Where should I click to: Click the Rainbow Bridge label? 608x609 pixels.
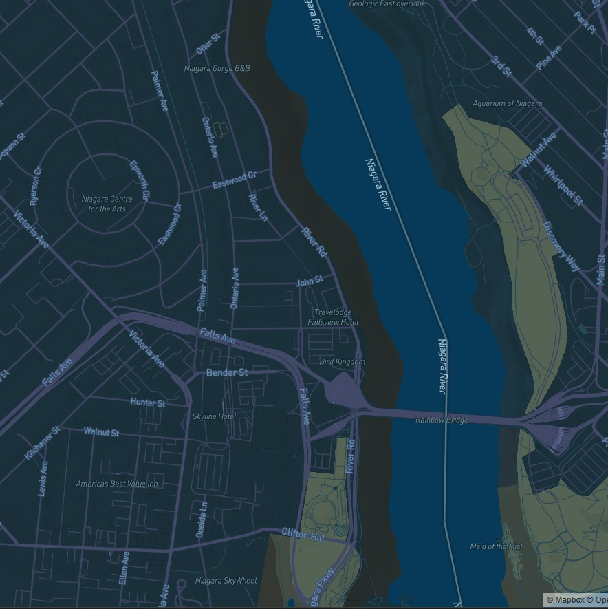[442, 420]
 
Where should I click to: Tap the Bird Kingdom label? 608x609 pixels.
[343, 361]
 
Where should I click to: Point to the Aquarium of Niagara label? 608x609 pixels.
[507, 103]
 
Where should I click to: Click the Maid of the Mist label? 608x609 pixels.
[496, 546]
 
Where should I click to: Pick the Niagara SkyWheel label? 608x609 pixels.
[226, 581]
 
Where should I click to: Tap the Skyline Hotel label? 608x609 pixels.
[214, 416]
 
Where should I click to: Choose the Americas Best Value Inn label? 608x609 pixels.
[117, 484]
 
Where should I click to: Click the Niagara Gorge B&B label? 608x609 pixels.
[217, 68]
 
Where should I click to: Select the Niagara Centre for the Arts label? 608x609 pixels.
[107, 204]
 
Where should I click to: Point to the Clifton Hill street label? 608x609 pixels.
[303, 535]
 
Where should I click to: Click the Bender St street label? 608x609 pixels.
[227, 372]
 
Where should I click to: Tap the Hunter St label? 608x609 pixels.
[148, 403]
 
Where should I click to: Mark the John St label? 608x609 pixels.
[309, 281]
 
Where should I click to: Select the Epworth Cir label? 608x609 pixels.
[140, 180]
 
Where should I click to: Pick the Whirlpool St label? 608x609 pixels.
[563, 185]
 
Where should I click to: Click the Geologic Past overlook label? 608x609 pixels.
[387, 3]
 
